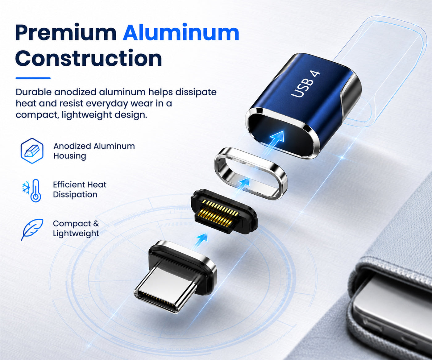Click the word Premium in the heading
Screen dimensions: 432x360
(x=66, y=33)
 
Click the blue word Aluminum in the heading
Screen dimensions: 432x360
(x=181, y=32)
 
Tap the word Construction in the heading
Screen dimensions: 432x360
(x=89, y=58)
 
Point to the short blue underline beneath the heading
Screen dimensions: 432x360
(x=33, y=78)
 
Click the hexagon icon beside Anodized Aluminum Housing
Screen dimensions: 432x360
(x=32, y=151)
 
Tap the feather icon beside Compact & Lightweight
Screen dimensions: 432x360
(x=32, y=230)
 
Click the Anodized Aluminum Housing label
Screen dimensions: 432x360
(x=94, y=151)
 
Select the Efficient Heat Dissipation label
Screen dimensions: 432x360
(x=80, y=189)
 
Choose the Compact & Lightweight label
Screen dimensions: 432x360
(x=76, y=228)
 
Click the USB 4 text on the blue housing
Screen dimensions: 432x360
(x=305, y=84)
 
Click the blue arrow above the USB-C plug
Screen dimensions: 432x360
(x=201, y=241)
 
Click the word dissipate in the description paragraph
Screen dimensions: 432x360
(x=196, y=92)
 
